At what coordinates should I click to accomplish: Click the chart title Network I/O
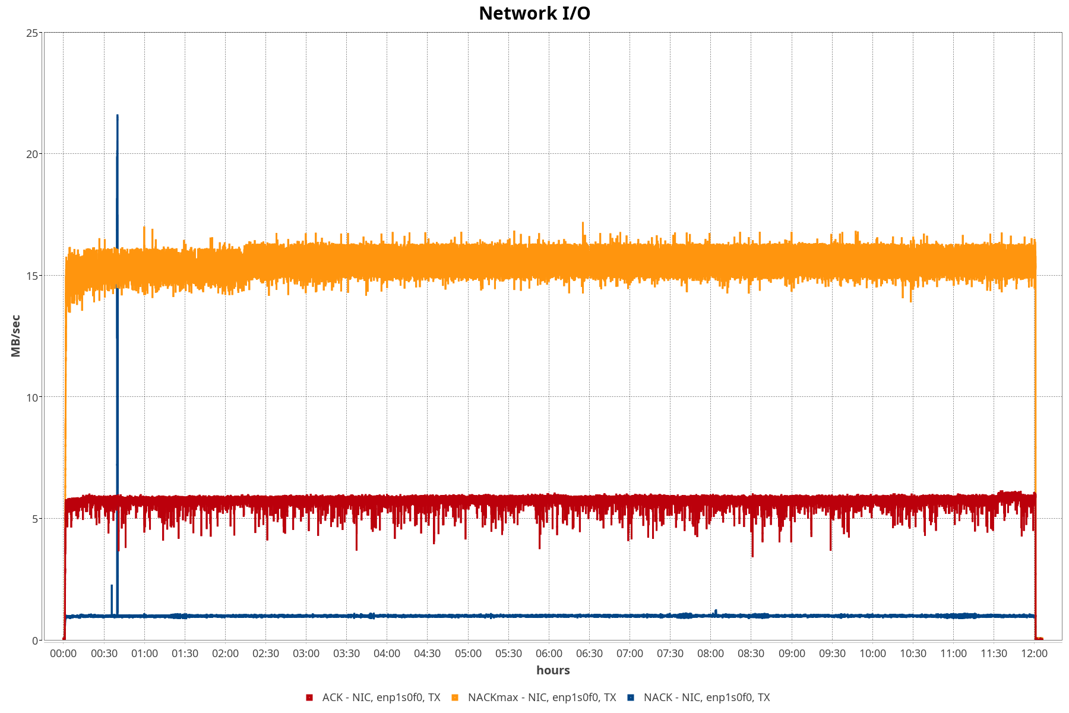(534, 13)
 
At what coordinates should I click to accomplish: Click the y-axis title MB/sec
(16, 336)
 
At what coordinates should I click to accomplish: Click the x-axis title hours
(553, 670)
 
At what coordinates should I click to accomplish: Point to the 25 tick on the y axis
(33, 33)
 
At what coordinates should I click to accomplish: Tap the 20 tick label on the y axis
(33, 154)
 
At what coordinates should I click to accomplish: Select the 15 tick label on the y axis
(33, 276)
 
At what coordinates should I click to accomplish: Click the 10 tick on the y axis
(33, 397)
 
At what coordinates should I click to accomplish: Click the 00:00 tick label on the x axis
(64, 654)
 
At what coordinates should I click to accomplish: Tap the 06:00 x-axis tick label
(549, 654)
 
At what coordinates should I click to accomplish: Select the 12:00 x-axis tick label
(1035, 654)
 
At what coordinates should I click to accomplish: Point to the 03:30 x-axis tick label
(346, 654)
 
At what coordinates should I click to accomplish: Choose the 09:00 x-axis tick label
(792, 654)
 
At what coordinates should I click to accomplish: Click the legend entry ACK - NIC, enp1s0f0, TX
(381, 698)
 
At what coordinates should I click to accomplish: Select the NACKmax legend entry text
(542, 698)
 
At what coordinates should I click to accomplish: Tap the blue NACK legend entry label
(707, 698)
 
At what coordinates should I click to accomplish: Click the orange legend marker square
(455, 698)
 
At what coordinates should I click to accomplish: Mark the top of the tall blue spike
(118, 115)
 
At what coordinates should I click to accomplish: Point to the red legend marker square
(309, 698)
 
